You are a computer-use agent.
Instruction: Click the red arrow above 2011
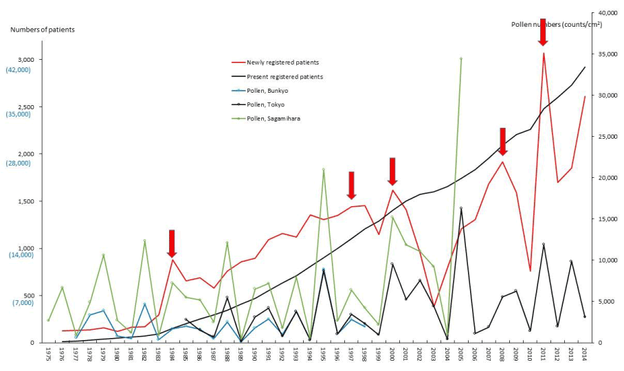point(543,32)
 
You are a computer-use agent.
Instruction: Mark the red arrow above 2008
point(502,142)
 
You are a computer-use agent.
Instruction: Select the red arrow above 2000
point(392,171)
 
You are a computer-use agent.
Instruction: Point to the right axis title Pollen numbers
point(557,24)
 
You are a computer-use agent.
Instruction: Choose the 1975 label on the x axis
point(48,355)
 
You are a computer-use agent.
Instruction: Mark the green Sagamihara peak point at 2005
point(461,58)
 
